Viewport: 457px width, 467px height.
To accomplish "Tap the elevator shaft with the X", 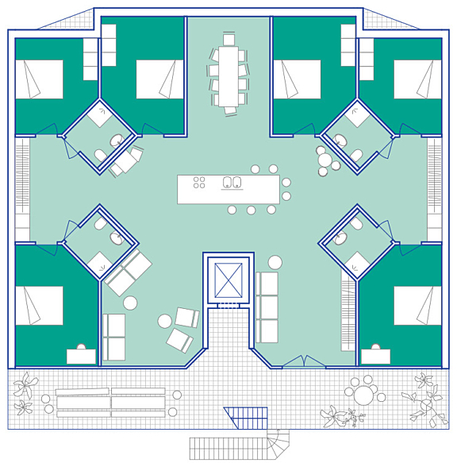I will click(x=228, y=280).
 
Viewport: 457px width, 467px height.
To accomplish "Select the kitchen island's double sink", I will click(x=232, y=183).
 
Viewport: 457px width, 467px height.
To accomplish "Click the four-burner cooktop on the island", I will click(x=199, y=183).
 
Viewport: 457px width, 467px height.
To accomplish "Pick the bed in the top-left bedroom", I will click(x=40, y=79).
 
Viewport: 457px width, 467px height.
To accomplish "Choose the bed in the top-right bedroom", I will click(x=417, y=79).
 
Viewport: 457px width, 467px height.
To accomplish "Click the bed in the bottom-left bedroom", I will click(x=40, y=305).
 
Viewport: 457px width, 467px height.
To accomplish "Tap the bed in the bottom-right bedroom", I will click(x=417, y=305).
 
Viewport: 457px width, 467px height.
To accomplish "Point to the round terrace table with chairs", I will click(x=364, y=395).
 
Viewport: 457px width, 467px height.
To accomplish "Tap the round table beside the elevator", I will click(x=275, y=262).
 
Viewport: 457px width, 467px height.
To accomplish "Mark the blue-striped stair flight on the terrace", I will click(x=247, y=417).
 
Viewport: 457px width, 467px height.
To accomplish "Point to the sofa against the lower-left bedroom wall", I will click(x=114, y=337).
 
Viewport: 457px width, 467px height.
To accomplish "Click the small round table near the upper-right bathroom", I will click(x=325, y=160).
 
